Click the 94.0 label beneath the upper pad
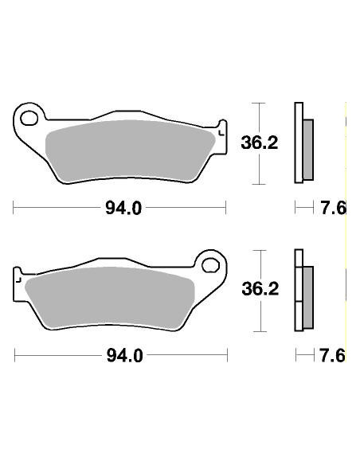(x=123, y=209)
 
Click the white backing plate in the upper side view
(x=299, y=144)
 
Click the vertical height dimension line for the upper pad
(x=256, y=144)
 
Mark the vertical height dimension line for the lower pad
(x=256, y=291)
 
